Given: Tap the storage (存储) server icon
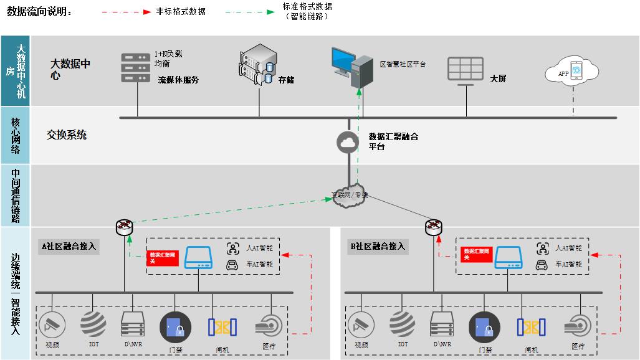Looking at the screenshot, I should (257, 64).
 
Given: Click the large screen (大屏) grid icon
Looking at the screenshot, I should (465, 69).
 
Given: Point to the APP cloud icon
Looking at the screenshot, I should (571, 72).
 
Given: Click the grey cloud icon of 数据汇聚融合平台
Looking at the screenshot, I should (348, 142).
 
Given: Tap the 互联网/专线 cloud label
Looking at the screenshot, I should (349, 194).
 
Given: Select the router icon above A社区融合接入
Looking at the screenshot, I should (125, 227).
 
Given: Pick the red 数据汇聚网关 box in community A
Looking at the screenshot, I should (163, 258).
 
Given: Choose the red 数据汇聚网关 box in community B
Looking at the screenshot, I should (477, 254).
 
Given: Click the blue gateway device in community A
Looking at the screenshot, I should (198, 257).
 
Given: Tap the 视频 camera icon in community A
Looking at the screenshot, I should (52, 325).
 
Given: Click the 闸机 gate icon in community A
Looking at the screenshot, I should (221, 327).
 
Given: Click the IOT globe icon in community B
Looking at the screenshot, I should (403, 325).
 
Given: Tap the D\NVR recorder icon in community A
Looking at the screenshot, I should (133, 324).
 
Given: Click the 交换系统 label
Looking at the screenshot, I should (67, 135).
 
